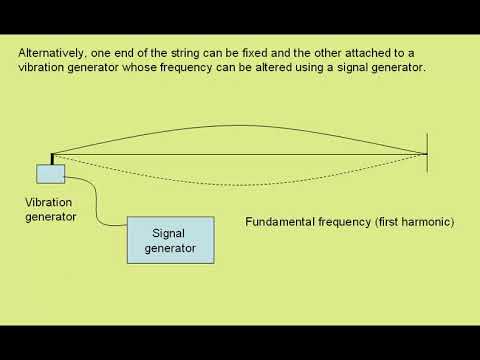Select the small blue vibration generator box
pos(50,174)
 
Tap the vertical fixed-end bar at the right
pos(428,154)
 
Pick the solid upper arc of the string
pos(240,129)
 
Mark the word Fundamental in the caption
pos(280,221)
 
